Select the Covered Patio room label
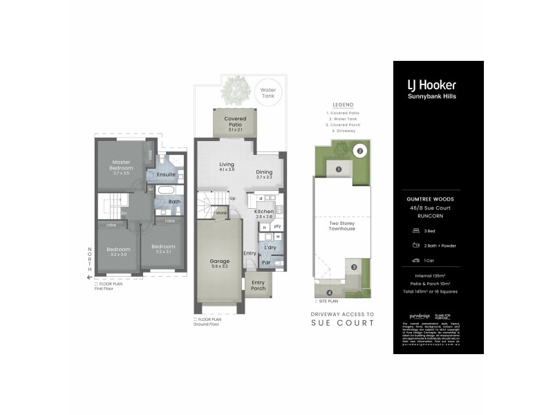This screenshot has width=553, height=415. click(x=235, y=122)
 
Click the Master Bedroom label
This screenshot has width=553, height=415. click(x=122, y=165)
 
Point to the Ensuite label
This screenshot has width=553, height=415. click(x=167, y=174)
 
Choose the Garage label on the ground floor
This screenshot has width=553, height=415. click(x=220, y=262)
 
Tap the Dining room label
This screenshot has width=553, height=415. click(x=264, y=173)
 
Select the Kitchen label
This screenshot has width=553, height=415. click(x=264, y=212)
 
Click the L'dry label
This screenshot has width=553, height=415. click(x=268, y=247)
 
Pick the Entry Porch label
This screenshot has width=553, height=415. click(x=258, y=286)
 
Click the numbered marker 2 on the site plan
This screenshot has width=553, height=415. click(x=359, y=150)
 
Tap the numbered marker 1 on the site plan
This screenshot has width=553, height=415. click(x=339, y=168)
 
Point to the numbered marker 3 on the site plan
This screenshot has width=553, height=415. click(x=353, y=267)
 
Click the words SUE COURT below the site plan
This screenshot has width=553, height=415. click(x=344, y=323)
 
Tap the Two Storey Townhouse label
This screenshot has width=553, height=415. click(x=342, y=225)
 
